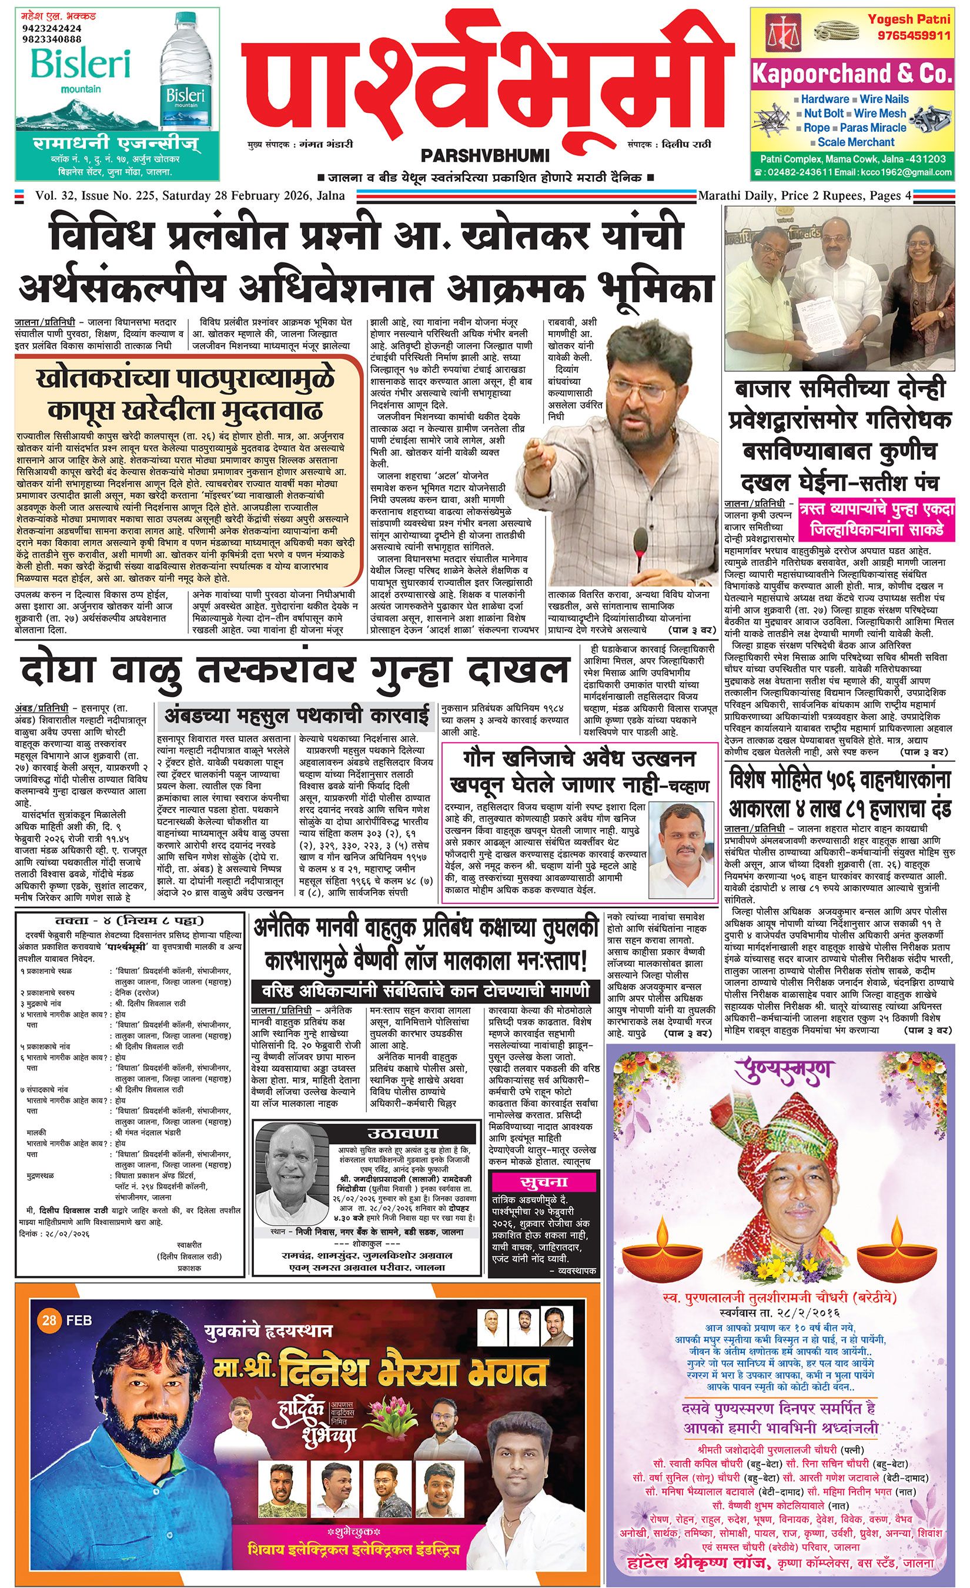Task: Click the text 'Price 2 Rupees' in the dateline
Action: point(831,195)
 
